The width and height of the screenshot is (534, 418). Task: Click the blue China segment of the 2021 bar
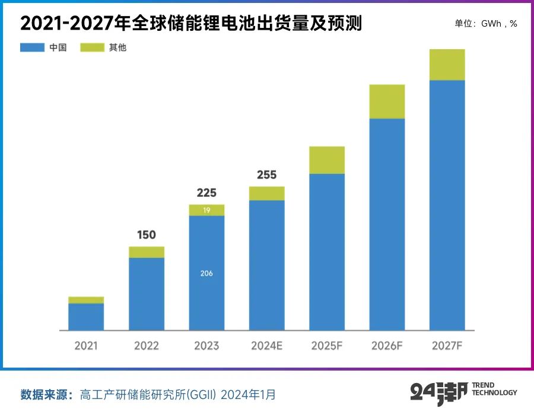point(86,317)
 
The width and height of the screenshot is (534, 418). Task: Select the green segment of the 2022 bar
point(147,252)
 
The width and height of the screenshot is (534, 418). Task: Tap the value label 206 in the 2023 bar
point(206,273)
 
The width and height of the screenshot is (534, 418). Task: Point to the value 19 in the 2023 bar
point(206,210)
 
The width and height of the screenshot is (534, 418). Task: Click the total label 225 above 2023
point(206,193)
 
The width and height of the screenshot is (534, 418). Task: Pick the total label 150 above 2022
point(147,235)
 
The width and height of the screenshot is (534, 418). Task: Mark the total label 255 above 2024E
point(266,175)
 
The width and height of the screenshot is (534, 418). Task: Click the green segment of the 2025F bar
point(327,159)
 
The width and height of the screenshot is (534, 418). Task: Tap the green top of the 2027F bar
point(447,65)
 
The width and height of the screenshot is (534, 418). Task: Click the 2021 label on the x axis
point(86,346)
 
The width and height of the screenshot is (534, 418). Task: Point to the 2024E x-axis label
point(266,346)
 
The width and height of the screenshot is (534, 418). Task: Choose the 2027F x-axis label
point(447,346)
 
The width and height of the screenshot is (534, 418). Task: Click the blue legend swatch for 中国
point(32,47)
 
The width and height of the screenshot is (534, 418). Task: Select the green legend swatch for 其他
point(92,47)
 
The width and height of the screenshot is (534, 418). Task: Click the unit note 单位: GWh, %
point(485,24)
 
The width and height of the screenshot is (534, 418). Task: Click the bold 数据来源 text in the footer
point(46,395)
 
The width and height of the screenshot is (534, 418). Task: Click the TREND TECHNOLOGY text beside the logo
point(494,389)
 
